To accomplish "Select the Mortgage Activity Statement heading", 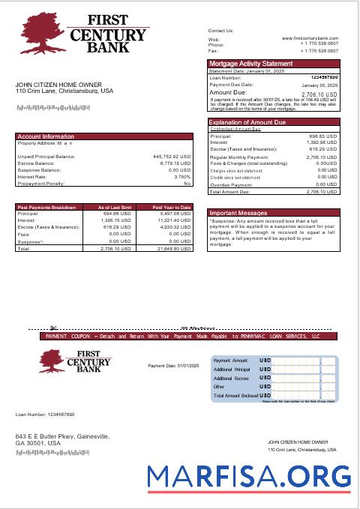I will (250, 64).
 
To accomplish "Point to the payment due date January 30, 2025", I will (319, 86).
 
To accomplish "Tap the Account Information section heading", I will (46, 136).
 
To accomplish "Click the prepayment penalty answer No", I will (187, 184).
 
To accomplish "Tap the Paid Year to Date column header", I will (172, 207).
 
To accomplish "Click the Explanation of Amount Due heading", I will (250, 121).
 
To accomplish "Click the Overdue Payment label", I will (231, 184).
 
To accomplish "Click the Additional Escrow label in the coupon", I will (231, 379).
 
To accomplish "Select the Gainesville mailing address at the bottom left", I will (62, 440).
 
